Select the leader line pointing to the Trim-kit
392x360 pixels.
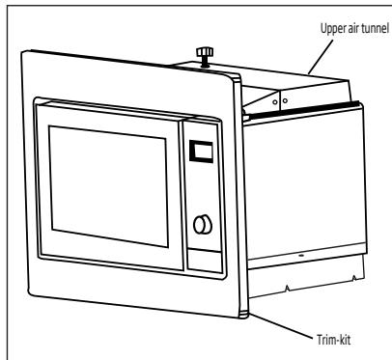281,325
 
